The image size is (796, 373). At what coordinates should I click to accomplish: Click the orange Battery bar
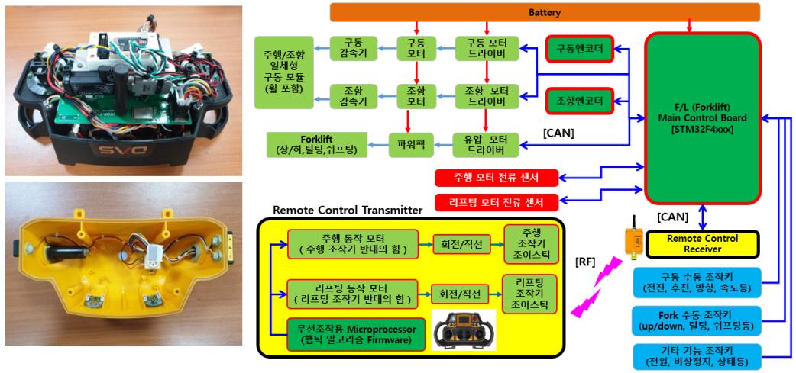[544, 12]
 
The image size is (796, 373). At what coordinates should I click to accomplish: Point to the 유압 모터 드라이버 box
[487, 142]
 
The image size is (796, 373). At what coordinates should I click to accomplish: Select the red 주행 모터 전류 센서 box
[496, 177]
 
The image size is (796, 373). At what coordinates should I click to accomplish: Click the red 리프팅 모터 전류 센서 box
[496, 203]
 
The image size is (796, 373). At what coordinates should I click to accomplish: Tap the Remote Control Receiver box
[704, 243]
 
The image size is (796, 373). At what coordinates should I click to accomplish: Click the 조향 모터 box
[416, 96]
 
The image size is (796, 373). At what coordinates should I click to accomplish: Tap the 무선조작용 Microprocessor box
[356, 334]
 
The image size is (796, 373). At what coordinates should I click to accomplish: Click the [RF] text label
[585, 262]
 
